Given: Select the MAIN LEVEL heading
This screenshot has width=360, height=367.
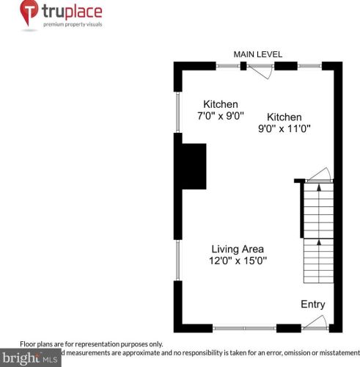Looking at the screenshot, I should pyautogui.click(x=257, y=54).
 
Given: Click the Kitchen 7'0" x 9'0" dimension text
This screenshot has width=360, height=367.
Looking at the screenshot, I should pyautogui.click(x=221, y=116).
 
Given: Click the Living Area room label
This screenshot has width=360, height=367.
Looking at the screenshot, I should pyautogui.click(x=238, y=249).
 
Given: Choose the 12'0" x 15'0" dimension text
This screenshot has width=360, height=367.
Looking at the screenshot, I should pyautogui.click(x=238, y=261).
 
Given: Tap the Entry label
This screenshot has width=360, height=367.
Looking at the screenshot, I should pyautogui.click(x=312, y=305).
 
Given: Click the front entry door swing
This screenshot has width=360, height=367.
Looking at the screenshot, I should pyautogui.click(x=316, y=321).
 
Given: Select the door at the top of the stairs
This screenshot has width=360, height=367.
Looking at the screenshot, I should pyautogui.click(x=319, y=176).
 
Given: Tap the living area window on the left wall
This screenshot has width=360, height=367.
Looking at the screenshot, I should pyautogui.click(x=177, y=260).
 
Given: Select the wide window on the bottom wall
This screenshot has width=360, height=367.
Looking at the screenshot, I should pyautogui.click(x=243, y=327).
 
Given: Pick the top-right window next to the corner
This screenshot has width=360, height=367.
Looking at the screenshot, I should pyautogui.click(x=309, y=66).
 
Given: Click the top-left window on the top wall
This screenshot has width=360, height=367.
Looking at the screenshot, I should pyautogui.click(x=228, y=66).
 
